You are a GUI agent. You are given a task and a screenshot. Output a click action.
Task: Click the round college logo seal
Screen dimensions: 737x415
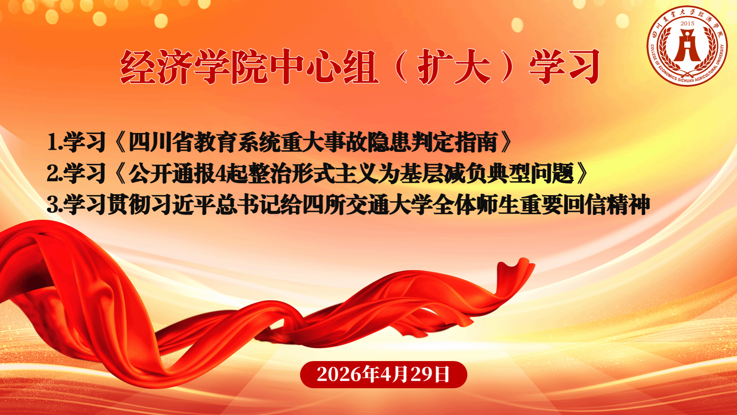point(687,46)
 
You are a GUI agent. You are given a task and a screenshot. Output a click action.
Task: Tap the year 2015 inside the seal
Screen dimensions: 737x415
point(687,23)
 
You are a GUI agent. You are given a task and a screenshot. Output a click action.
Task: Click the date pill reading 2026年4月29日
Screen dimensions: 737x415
point(383,374)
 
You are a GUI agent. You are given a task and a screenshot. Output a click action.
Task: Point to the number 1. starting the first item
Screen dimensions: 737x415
point(54,142)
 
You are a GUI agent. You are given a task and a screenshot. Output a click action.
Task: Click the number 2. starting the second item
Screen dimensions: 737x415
point(54,173)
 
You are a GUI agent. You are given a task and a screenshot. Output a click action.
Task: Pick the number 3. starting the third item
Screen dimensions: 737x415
point(54,205)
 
